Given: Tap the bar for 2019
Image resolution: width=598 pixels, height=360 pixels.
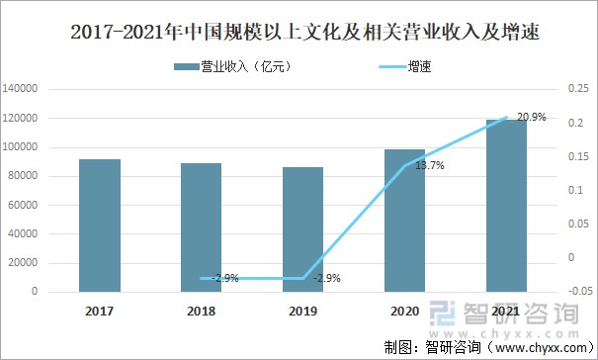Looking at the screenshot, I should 302,229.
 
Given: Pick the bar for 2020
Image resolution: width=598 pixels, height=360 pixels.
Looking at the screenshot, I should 404,221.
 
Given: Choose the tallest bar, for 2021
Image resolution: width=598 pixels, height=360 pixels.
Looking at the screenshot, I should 505,206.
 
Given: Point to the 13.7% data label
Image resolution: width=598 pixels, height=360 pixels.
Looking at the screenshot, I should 429,166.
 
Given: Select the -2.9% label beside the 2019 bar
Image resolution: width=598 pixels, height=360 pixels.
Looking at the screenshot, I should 326,278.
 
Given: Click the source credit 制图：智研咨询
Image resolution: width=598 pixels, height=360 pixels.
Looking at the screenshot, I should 431,347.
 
